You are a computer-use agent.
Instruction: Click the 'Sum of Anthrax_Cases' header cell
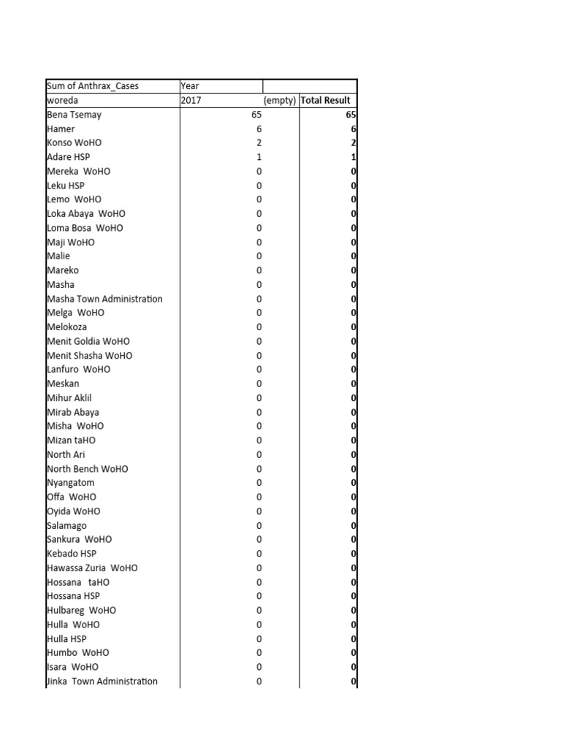(93, 86)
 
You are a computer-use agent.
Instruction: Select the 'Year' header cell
(190, 86)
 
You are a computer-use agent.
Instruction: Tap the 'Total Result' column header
(326, 100)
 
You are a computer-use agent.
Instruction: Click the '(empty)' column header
(280, 100)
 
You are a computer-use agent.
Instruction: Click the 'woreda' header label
(62, 100)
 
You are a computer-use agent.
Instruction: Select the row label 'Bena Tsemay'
(75, 115)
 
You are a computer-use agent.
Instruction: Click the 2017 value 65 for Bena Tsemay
(255, 115)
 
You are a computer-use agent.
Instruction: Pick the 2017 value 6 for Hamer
(259, 129)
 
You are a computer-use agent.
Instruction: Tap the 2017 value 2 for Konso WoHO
(259, 142)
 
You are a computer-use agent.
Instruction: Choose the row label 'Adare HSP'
(69, 157)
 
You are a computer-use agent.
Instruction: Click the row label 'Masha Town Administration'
(104, 299)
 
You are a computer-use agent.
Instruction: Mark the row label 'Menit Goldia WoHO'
(88, 341)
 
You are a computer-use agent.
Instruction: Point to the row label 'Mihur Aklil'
(69, 398)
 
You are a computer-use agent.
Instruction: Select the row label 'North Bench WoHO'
(88, 469)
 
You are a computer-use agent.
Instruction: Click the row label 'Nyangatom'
(71, 483)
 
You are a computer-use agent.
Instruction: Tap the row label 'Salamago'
(66, 525)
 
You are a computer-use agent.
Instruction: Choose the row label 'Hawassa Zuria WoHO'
(92, 568)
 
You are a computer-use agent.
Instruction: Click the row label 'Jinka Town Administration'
(102, 682)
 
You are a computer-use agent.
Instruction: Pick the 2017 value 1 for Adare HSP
(259, 157)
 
